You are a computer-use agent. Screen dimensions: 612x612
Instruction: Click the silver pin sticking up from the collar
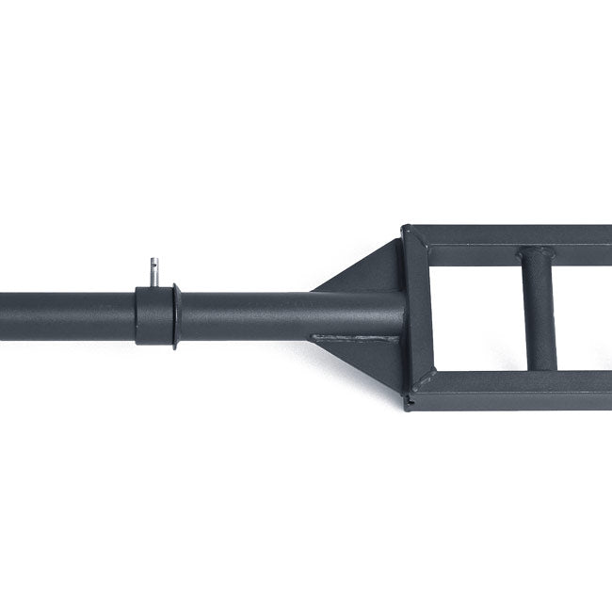153,272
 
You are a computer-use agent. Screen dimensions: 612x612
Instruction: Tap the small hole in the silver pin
153,266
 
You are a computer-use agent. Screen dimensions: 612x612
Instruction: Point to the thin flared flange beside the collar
175,316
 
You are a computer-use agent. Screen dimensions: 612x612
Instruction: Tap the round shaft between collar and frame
245,315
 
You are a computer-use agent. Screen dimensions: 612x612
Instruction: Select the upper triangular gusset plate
372,273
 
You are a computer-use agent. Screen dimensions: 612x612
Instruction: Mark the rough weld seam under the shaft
353,337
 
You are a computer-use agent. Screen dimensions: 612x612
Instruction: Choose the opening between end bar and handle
475,311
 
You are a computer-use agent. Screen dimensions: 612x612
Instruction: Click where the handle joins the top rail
539,254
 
